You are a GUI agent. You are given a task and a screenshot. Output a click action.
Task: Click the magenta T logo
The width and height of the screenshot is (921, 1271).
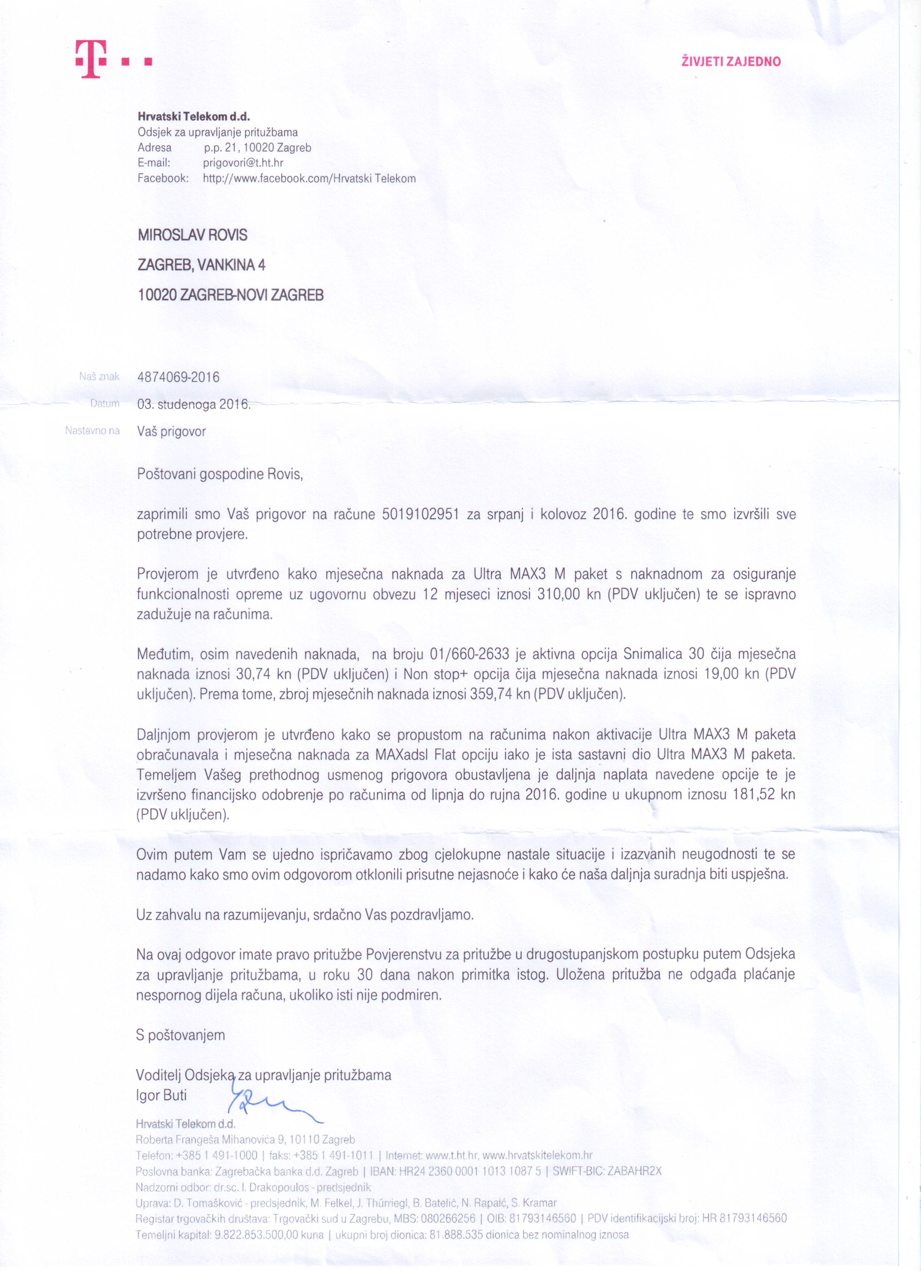click(x=91, y=60)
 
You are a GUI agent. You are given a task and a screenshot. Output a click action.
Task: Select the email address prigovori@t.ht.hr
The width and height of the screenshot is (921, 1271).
click(x=243, y=163)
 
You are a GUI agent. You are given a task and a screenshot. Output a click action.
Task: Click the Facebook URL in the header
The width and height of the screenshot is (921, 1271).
click(x=309, y=179)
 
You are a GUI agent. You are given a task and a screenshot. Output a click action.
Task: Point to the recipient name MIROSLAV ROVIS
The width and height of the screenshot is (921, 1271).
click(x=192, y=235)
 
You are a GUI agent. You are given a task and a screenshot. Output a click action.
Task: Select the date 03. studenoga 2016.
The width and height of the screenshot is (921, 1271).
click(x=194, y=404)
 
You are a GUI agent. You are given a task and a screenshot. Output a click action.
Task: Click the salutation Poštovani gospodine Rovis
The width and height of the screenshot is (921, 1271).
click(x=220, y=474)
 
